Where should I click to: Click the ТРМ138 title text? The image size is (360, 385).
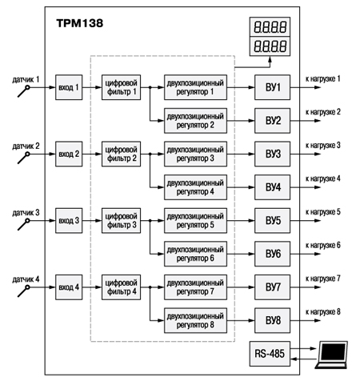[80, 23]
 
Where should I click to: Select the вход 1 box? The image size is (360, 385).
[69, 87]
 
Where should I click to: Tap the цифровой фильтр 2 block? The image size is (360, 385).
[121, 154]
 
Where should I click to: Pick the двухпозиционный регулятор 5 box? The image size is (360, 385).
[195, 221]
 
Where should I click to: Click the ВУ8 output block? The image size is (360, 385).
[272, 320]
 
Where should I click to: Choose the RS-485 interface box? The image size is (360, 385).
[270, 354]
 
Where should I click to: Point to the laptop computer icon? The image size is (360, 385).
[332, 355]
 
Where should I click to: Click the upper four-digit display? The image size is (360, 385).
[270, 26]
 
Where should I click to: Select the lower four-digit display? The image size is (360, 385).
[270, 46]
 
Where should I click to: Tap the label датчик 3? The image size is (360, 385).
[26, 213]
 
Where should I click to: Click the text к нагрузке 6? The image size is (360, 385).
[323, 245]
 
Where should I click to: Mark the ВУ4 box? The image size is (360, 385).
[272, 187]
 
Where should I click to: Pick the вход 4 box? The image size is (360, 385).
[69, 287]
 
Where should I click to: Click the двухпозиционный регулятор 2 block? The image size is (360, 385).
[195, 121]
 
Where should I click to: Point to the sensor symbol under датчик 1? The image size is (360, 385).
[24, 91]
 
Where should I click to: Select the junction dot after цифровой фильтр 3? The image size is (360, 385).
[150, 221]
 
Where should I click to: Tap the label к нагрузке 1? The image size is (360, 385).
[323, 78]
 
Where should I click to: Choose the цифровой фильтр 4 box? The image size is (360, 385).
[121, 287]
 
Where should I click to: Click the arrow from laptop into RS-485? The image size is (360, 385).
[303, 359]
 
